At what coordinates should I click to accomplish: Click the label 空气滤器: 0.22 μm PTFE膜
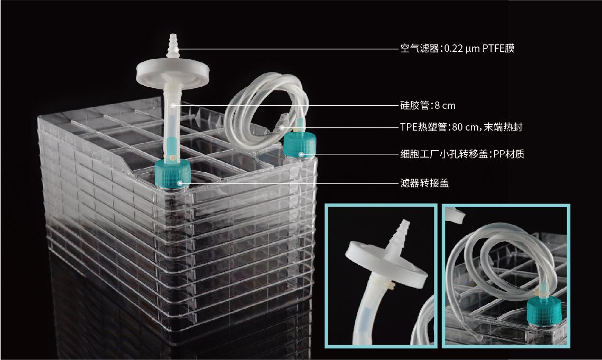[457, 49]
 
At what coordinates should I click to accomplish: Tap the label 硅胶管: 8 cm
[427, 105]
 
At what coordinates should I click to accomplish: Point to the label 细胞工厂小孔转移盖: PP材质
[462, 154]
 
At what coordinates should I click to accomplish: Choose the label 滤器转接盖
[424, 183]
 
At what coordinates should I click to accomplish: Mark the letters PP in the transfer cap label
[498, 154]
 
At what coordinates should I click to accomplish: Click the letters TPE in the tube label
[408, 127]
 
